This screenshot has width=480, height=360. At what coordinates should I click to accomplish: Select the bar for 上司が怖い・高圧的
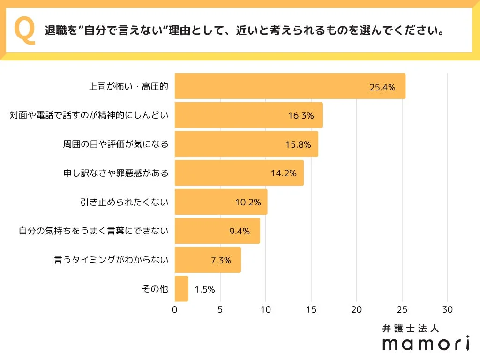click(x=290, y=86)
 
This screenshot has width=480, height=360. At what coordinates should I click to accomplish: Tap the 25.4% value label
click(x=382, y=87)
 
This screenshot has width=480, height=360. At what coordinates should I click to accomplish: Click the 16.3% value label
click(x=300, y=116)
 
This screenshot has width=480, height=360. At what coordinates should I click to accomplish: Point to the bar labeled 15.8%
click(x=246, y=144)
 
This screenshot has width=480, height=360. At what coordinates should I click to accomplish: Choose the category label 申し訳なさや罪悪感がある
click(x=116, y=173)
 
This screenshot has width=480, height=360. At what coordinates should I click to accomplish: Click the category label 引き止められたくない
click(x=124, y=202)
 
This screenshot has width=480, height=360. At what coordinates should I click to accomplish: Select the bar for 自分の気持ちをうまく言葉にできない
click(x=217, y=231)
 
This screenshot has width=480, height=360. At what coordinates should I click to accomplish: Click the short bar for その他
click(x=181, y=289)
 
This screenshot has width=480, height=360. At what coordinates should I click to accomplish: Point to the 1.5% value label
click(x=204, y=289)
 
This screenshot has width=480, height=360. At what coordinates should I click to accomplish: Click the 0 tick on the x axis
click(x=175, y=310)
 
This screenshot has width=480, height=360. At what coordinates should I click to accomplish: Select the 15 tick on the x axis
click(x=311, y=310)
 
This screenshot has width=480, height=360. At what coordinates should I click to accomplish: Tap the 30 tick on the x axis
click(x=448, y=310)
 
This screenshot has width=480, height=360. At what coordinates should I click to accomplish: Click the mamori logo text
click(x=426, y=344)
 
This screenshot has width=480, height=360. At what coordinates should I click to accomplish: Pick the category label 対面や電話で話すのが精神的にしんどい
click(x=89, y=115)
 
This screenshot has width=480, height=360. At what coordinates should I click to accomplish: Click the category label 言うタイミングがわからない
click(x=112, y=260)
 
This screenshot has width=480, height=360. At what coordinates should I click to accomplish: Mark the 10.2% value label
click(x=248, y=202)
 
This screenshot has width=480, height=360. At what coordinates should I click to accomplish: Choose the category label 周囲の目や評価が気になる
click(x=116, y=144)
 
